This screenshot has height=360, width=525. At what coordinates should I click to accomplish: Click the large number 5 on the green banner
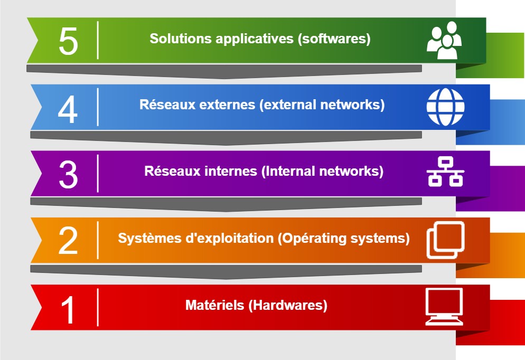(x=68, y=41)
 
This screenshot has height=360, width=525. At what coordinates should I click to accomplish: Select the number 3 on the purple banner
(x=68, y=174)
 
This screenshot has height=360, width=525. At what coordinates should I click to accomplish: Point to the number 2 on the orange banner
(x=68, y=241)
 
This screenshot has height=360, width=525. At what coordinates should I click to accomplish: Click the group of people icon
(x=444, y=41)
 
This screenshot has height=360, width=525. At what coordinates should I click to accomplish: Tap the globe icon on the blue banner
(x=445, y=107)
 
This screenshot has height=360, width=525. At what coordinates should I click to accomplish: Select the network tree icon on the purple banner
(x=445, y=172)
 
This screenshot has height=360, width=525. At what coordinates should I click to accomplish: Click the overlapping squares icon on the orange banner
(x=445, y=240)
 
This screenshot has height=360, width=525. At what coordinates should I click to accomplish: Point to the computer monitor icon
(x=444, y=307)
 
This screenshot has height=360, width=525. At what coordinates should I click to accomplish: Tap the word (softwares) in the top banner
(x=334, y=39)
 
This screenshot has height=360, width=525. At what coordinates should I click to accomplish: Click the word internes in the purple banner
(x=231, y=171)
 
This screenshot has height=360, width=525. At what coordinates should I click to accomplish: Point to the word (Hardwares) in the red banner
(x=288, y=306)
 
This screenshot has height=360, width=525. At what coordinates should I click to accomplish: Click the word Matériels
(x=214, y=305)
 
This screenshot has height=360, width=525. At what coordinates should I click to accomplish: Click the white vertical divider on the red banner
(x=98, y=307)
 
